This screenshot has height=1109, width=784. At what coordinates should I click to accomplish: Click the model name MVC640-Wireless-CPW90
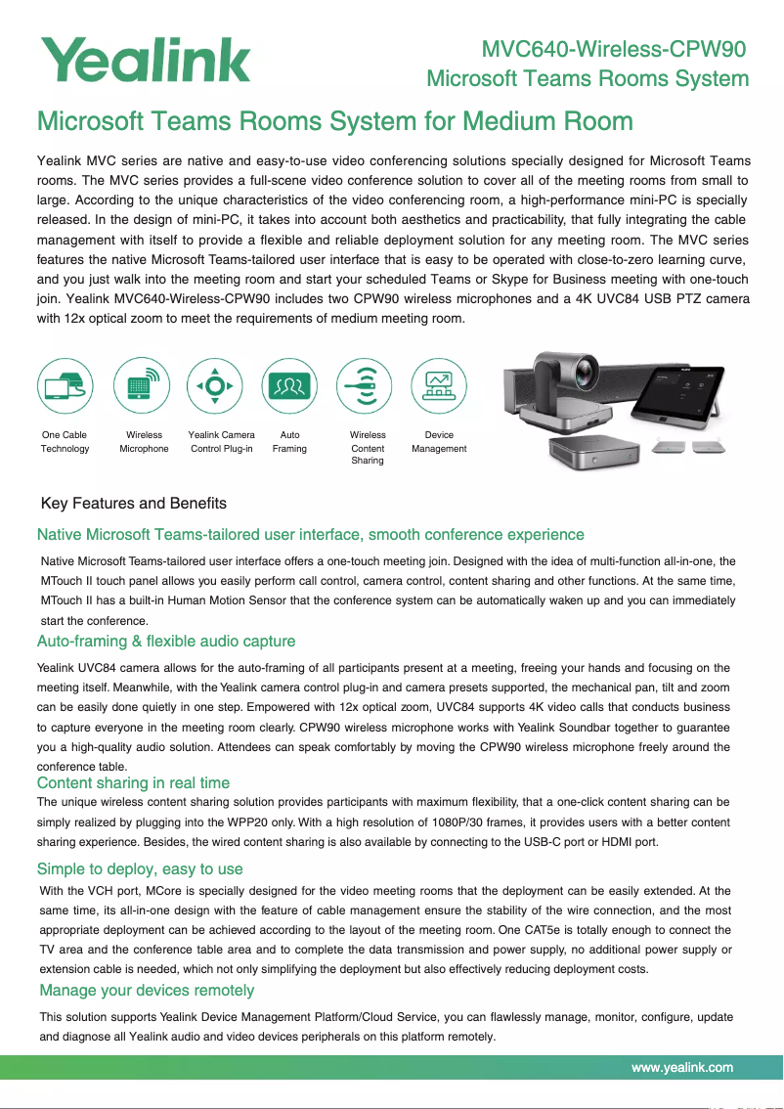[615, 49]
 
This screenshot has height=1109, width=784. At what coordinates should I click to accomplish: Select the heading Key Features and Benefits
[134, 504]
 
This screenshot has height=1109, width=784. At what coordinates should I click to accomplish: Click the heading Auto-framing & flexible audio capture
[166, 642]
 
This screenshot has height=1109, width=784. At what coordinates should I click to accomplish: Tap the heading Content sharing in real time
[133, 783]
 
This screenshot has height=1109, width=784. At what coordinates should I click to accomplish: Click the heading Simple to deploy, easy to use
[140, 869]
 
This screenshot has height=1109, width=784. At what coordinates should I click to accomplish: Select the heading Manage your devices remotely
[146, 991]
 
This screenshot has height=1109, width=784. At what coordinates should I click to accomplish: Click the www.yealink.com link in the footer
[682, 1067]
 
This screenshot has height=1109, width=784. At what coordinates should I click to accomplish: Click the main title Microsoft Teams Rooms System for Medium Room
[334, 122]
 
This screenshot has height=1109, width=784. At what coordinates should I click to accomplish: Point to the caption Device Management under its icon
[439, 442]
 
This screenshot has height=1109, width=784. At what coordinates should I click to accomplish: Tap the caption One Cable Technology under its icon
[65, 442]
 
